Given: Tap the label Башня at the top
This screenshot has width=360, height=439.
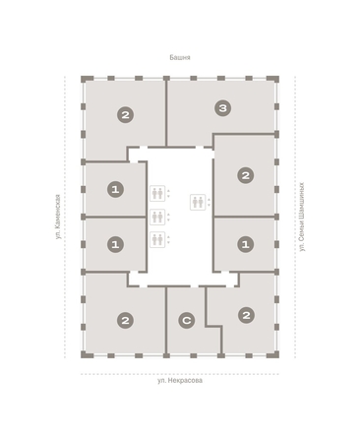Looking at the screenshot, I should point(179,57).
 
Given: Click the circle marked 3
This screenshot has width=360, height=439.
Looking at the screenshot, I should point(224,108).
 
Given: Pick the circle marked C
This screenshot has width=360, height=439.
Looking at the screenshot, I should point(185,320).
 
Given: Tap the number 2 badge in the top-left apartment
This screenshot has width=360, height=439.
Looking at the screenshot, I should point(125,115).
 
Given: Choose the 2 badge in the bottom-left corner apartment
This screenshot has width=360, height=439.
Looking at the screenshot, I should point(125,320).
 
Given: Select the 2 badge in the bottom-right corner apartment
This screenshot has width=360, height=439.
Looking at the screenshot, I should point(246,315).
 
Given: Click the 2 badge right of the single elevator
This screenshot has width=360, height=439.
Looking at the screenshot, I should point(246,176).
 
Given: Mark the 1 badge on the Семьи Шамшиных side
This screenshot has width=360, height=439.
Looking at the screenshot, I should point(246,243).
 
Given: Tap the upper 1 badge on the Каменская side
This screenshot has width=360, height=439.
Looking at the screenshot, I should point(116,189).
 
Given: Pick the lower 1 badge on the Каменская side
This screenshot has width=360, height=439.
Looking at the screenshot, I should point(116,243).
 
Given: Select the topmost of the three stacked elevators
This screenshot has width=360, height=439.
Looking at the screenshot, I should point(156,194).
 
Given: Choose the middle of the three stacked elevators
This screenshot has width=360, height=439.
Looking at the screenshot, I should point(156,218).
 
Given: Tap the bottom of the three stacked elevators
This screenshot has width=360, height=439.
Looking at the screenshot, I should point(156,239).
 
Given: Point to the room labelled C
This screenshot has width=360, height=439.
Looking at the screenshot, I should point(185,335).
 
